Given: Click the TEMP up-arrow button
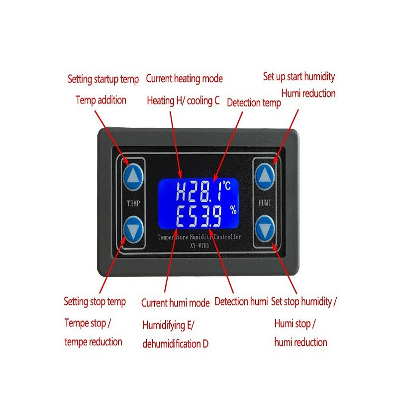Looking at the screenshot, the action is [x=133, y=177].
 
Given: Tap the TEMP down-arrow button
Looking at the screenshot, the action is [x=133, y=229].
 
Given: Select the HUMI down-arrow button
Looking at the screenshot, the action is [x=265, y=229].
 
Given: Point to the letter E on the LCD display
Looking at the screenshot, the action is [x=181, y=216].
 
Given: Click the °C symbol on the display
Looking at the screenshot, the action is [x=226, y=185].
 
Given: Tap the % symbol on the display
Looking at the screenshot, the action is [x=233, y=210].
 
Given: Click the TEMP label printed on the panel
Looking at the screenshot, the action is [x=133, y=203].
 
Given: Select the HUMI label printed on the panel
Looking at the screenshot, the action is [x=265, y=202].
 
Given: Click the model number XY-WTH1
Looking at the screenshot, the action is [x=200, y=245].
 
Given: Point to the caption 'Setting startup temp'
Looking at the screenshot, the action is [x=103, y=79].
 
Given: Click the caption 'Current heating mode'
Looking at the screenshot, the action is [x=184, y=79].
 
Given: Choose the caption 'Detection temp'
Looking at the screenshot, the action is [x=254, y=103].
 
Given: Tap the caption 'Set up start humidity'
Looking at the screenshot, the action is [x=299, y=77].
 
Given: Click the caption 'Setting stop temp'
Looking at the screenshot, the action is [x=95, y=301].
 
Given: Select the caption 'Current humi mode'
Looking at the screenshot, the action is [x=176, y=303].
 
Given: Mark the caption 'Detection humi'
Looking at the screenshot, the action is [x=241, y=301].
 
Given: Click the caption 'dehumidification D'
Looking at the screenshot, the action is [x=176, y=344].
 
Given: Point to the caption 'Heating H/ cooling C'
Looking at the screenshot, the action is [x=183, y=101].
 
